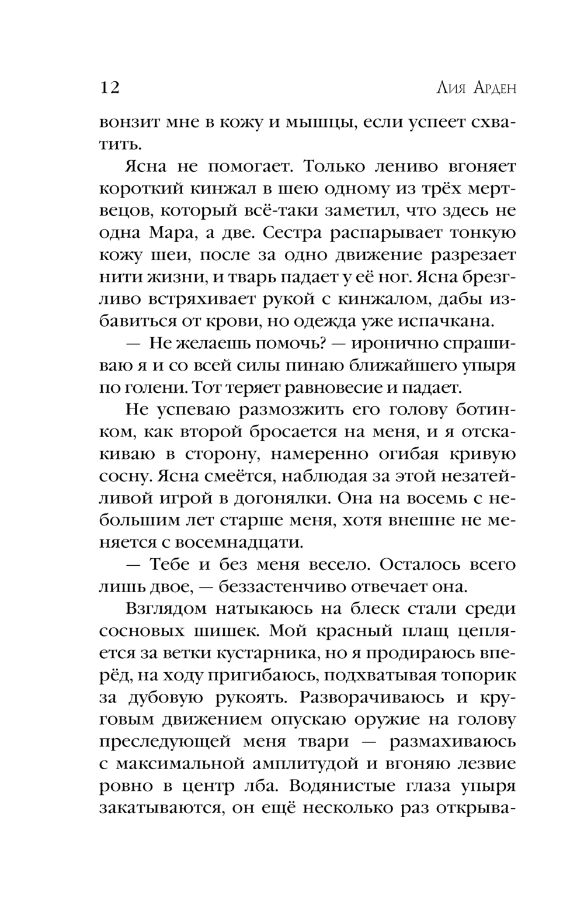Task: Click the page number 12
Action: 110,88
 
